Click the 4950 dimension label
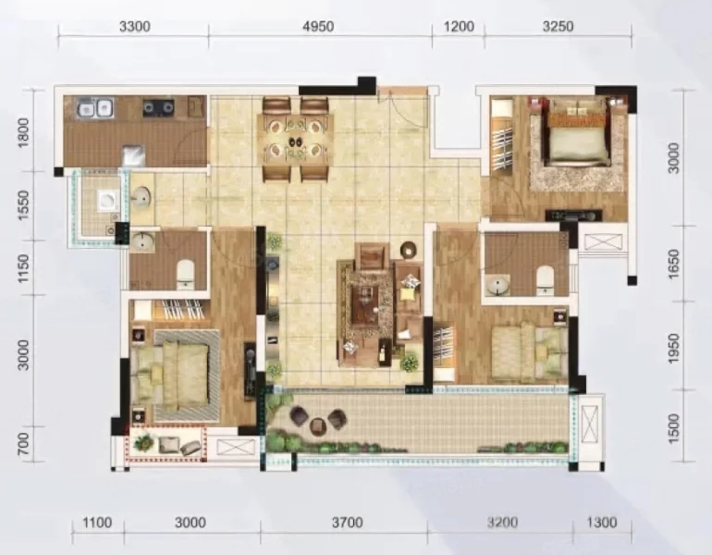pyautogui.click(x=318, y=26)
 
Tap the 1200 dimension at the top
pyautogui.click(x=459, y=26)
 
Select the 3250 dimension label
pyautogui.click(x=559, y=26)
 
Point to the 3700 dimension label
pyautogui.click(x=348, y=523)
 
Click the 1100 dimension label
pyautogui.click(x=97, y=523)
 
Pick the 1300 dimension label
pyautogui.click(x=602, y=523)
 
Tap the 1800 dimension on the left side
pyautogui.click(x=24, y=132)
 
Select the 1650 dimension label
pyautogui.click(x=674, y=264)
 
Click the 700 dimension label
pyautogui.click(x=24, y=444)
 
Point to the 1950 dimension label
pyautogui.click(x=674, y=349)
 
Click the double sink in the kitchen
pyautogui.click(x=95, y=108)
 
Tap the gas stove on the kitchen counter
pyautogui.click(x=159, y=107)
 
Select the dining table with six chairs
pyautogui.click(x=296, y=140)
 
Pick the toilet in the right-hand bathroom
pyautogui.click(x=545, y=277)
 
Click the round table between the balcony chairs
pyautogui.click(x=318, y=425)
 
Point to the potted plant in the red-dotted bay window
pyautogui.click(x=144, y=442)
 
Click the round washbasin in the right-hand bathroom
pyautogui.click(x=497, y=285)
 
